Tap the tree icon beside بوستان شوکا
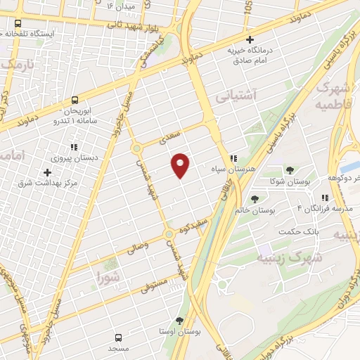pos(289,170)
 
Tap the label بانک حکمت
pos(294,233)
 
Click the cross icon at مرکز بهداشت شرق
pos(47,172)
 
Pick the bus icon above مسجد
pos(119,337)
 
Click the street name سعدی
pos(171,136)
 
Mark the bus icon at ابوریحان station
pos(75,101)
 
